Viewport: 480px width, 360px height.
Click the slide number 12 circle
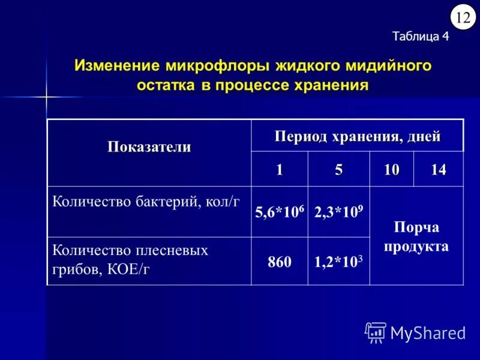click(463, 17)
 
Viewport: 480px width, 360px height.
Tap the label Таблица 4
click(420, 36)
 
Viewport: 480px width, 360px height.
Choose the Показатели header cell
click(149, 147)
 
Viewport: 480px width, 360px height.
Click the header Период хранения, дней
click(358, 136)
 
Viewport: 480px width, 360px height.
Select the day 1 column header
click(279, 170)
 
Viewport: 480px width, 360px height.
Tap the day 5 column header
click(339, 170)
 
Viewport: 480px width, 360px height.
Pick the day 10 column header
click(391, 170)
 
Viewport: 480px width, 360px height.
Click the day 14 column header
click(439, 170)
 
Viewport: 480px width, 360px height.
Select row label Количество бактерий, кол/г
click(146, 202)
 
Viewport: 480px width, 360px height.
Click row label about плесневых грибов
click(130, 259)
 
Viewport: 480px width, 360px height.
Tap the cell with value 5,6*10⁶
click(279, 212)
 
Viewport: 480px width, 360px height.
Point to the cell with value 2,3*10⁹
click(339, 212)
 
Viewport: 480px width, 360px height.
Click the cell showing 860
click(280, 262)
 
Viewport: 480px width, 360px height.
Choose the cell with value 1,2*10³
click(339, 261)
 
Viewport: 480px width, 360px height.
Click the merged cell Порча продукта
click(416, 237)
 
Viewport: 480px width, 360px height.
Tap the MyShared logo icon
click(376, 332)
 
